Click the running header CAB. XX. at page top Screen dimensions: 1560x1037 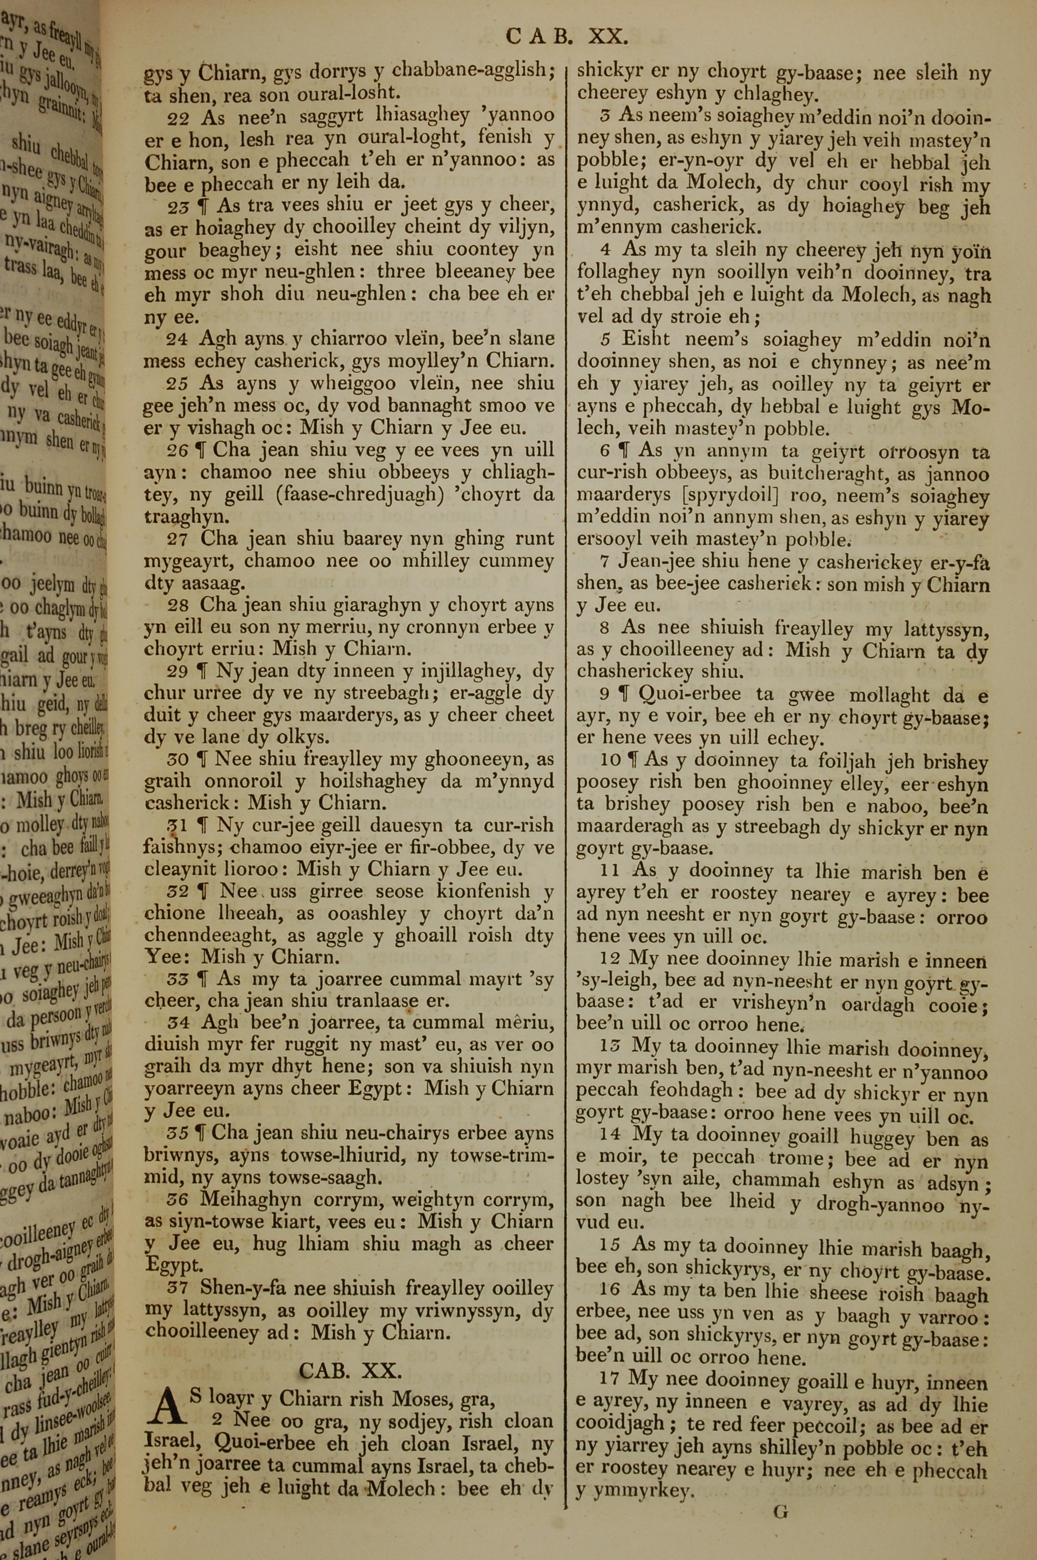point(566,36)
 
